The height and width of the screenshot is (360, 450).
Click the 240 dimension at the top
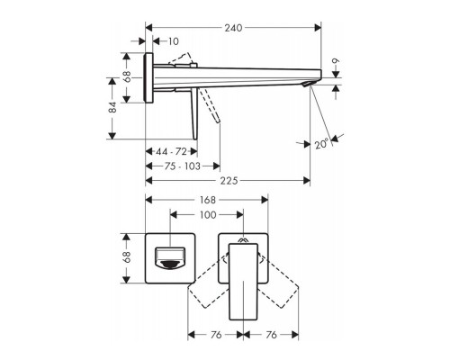point(233,27)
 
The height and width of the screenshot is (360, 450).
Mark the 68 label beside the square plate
point(126,256)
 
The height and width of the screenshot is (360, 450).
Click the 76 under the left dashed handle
point(215,334)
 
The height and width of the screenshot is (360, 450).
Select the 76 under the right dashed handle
point(271,334)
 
